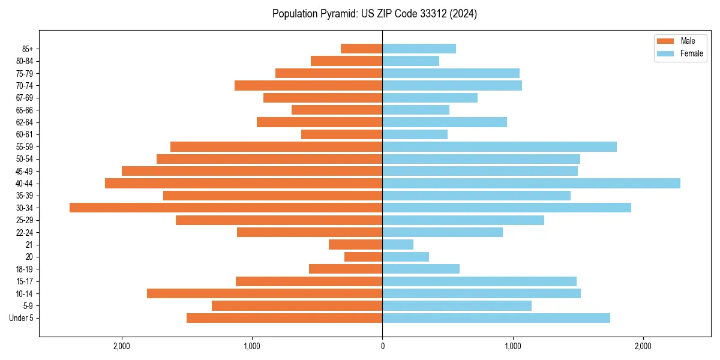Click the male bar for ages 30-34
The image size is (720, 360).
[x=226, y=208]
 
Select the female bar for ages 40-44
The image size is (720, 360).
[x=531, y=183]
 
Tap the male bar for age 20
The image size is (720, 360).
[x=363, y=257]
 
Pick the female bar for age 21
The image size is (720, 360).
[x=398, y=245]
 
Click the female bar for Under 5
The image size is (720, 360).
[x=496, y=318]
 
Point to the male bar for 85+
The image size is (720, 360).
[x=361, y=49]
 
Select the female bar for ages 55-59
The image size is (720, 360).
[x=499, y=146]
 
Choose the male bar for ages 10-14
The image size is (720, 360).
[x=265, y=293]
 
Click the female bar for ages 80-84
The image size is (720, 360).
[x=410, y=61]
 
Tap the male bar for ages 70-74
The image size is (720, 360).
[x=308, y=85]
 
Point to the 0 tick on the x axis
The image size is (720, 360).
[x=382, y=347]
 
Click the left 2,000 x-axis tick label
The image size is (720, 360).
[x=122, y=347]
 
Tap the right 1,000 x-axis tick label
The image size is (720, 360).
[x=513, y=347]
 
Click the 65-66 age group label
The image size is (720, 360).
[x=25, y=110]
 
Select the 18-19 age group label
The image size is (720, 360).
[x=25, y=269]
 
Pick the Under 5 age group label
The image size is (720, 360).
[x=22, y=318]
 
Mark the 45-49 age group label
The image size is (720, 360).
[x=25, y=171]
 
